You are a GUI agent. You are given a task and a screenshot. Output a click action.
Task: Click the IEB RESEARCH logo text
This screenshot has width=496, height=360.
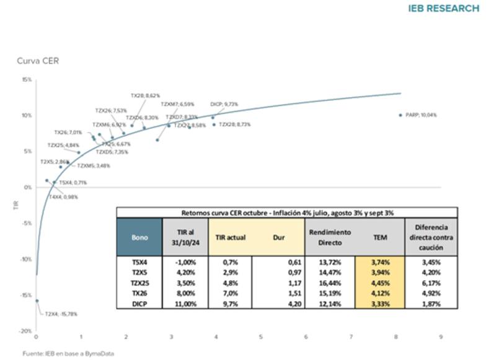pyautogui.click(x=444, y=9)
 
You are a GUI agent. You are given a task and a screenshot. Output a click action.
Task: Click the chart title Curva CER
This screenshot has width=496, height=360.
pyautogui.click(x=38, y=60)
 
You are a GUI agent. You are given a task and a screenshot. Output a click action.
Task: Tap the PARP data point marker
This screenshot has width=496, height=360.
pyautogui.click(x=401, y=115)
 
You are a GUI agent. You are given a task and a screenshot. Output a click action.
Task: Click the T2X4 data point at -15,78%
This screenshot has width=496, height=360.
pyautogui.click(x=37, y=301)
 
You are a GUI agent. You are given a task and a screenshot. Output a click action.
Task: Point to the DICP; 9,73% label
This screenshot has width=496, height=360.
pyautogui.click(x=224, y=104)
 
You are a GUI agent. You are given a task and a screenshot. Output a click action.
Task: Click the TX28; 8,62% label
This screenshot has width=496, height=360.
pyautogui.click(x=145, y=95)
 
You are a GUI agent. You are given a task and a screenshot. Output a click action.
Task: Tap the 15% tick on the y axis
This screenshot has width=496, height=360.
pyautogui.click(x=27, y=79)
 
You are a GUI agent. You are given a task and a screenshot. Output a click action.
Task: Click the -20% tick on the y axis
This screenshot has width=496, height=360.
pyautogui.click(x=25, y=331)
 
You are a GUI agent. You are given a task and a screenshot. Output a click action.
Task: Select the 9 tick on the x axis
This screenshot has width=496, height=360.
pyautogui.click(x=441, y=338)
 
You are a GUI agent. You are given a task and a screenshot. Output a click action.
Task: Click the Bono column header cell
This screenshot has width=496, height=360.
pyautogui.click(x=139, y=237)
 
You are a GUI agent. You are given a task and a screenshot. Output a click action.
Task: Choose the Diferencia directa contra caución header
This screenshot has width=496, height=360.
pyautogui.click(x=430, y=237)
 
